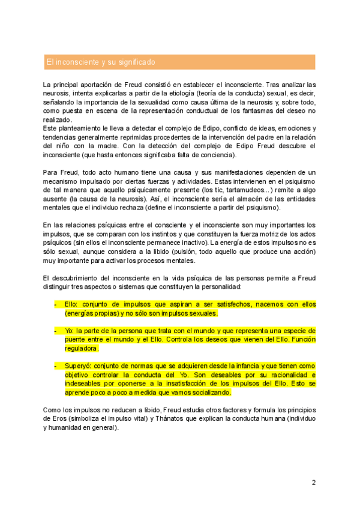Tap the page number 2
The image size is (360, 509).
click(x=313, y=482)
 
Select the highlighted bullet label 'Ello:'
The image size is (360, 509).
click(x=72, y=304)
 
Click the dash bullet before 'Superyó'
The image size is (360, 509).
click(x=55, y=366)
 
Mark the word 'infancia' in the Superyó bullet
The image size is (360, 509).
click(x=243, y=366)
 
